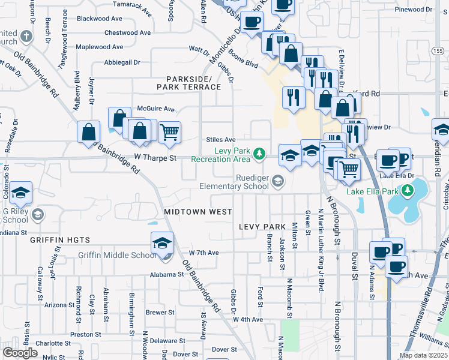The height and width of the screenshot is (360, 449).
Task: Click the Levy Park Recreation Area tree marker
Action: [x=259, y=154]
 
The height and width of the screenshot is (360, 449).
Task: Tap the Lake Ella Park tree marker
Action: [x=408, y=191]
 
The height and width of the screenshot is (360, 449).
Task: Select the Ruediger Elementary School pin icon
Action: [x=278, y=181]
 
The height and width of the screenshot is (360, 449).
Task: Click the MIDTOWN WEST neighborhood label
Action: [x=195, y=212]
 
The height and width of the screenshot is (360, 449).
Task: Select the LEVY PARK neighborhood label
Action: [x=261, y=227]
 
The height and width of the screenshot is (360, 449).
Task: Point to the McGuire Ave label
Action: [x=155, y=109]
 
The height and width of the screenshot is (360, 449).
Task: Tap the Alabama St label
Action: [x=167, y=274]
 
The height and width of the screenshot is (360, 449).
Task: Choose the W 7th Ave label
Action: [x=203, y=253]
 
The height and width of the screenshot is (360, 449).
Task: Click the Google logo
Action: [x=20, y=353]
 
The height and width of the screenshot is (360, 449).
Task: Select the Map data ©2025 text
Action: [x=423, y=355]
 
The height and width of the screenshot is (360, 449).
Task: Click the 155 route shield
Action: [x=441, y=52]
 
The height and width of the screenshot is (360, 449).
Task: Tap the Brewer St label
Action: [x=160, y=313]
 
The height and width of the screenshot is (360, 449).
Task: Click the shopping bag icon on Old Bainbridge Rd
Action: [x=89, y=131]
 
